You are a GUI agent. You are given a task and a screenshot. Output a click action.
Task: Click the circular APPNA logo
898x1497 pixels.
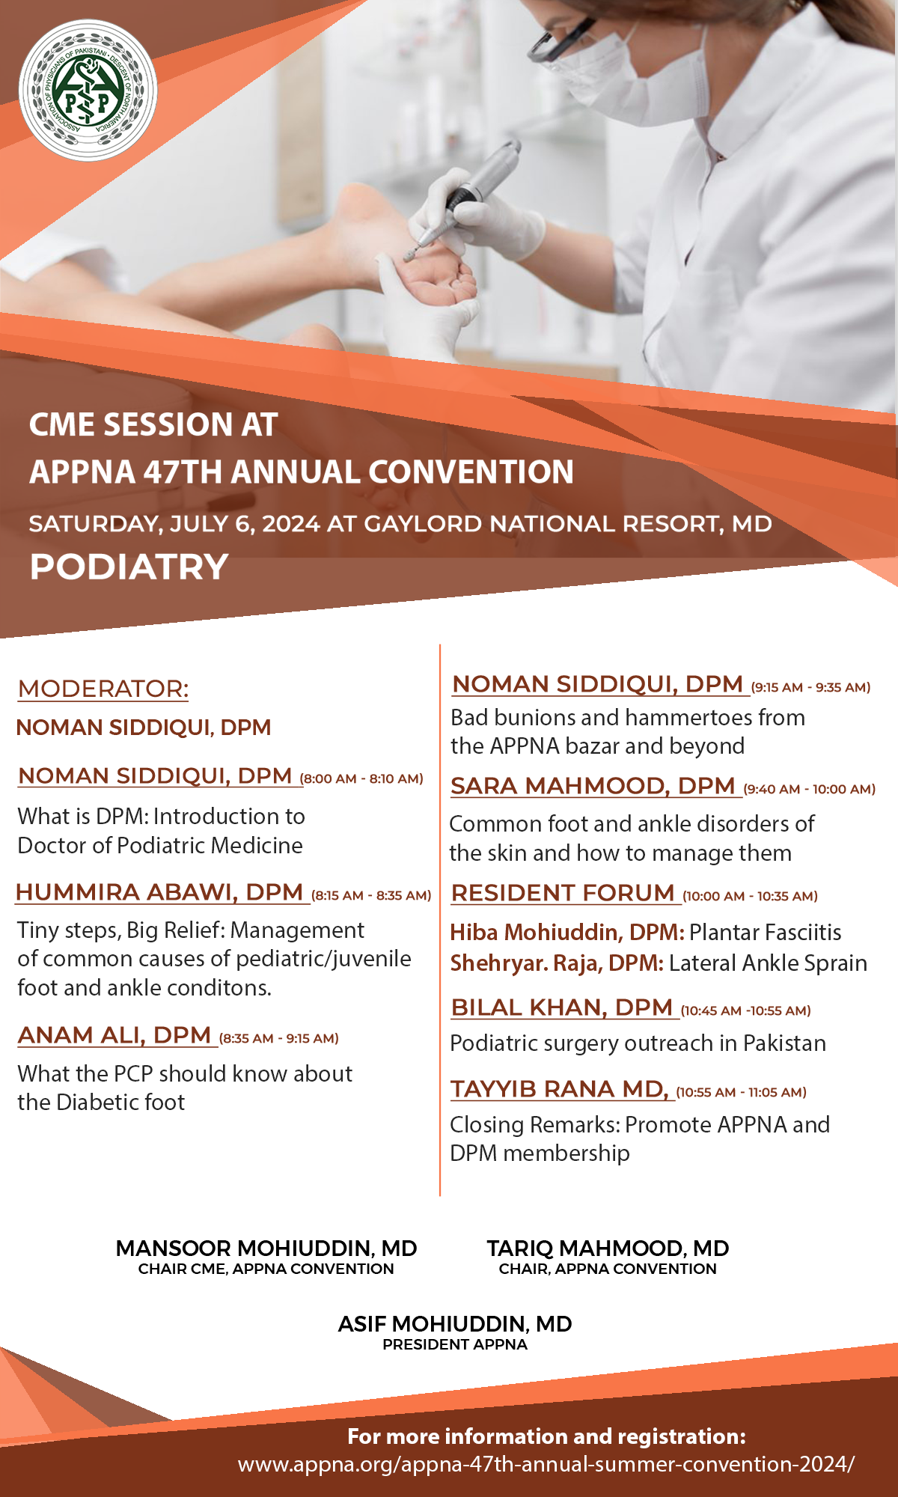point(88,91)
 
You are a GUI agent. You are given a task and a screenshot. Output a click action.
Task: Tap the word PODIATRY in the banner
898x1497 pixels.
point(129,567)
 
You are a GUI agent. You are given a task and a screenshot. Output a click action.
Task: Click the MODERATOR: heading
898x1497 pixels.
point(103,689)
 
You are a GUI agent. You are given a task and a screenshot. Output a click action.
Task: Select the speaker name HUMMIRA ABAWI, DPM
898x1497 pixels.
point(159,892)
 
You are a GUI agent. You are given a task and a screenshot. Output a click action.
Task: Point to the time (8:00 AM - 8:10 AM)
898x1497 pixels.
point(361,778)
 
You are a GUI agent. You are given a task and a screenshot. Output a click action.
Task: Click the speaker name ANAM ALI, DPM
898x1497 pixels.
point(114,1035)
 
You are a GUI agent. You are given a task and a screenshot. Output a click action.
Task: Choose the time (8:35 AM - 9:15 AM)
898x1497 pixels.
point(279,1038)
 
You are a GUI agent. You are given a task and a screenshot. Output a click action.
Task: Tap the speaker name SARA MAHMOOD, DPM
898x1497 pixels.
point(593,786)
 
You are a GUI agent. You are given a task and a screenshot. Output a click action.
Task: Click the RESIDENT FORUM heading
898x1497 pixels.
point(563,893)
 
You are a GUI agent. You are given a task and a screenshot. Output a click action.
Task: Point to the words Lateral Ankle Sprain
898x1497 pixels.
point(768,963)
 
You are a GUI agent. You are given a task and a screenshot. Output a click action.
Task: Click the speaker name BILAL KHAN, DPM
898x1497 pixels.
point(561,1007)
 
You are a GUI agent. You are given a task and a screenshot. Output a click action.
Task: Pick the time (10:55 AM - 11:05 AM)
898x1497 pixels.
point(741,1092)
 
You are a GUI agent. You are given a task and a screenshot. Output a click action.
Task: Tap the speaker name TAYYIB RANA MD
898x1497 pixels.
point(558,1089)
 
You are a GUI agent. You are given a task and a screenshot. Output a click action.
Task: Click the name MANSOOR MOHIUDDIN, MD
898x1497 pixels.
point(266,1248)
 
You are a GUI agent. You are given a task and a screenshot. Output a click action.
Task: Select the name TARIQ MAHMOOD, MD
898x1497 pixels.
point(608,1248)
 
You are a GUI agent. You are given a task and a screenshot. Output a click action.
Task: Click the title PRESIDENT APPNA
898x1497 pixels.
point(455,1344)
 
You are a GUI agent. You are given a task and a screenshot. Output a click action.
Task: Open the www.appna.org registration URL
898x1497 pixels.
point(546,1464)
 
